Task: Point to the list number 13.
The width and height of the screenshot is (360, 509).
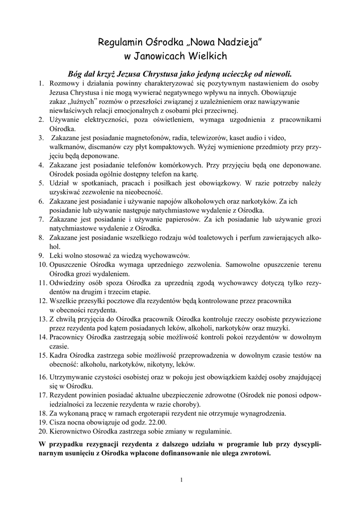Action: [42, 319]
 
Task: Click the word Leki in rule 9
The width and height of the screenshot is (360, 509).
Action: [56, 255]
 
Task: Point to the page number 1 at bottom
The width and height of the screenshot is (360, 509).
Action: [182, 480]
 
